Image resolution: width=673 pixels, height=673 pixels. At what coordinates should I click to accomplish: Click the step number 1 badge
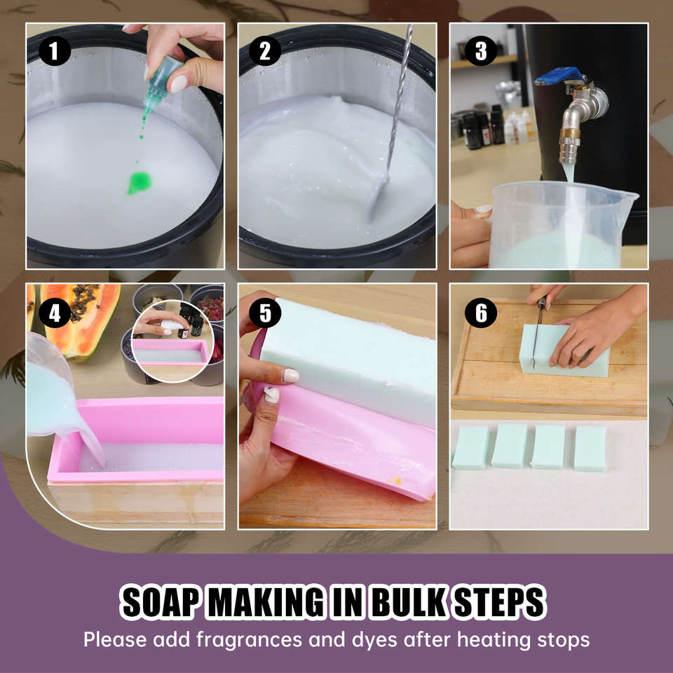pos(53,51)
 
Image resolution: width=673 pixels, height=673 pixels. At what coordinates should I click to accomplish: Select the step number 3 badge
pos(481,51)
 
